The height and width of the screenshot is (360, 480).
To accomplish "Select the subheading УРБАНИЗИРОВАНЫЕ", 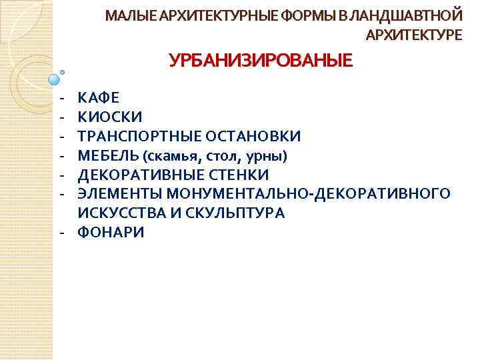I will coord(260,62).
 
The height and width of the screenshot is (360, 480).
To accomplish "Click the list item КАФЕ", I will coord(99,98).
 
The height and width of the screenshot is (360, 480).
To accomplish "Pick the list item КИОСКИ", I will coord(109,117).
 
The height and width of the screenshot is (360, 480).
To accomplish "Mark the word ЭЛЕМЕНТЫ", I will coord(121,195).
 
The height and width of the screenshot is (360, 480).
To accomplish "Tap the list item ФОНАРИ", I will coord(111,233).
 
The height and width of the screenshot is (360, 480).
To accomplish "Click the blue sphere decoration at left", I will coord(55,81).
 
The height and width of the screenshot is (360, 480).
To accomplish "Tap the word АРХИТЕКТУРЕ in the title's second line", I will coord(413,35).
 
